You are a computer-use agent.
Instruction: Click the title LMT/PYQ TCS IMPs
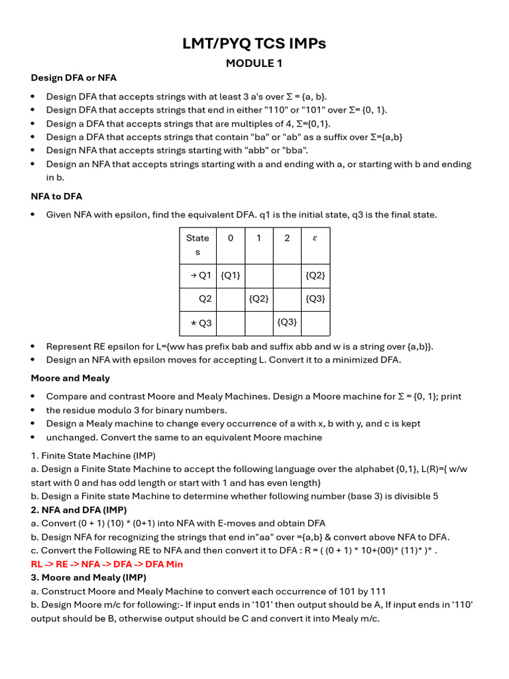click(x=254, y=44)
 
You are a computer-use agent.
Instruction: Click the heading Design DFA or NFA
click(x=74, y=78)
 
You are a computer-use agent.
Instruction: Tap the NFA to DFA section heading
click(x=56, y=196)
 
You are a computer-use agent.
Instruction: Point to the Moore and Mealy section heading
click(x=70, y=378)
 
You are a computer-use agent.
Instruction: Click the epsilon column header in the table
click(x=315, y=238)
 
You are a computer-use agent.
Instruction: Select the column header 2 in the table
click(x=287, y=238)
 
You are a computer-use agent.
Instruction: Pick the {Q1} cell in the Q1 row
click(x=231, y=275)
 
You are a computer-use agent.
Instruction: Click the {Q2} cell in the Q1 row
click(x=315, y=275)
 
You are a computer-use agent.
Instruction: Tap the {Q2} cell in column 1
click(x=258, y=299)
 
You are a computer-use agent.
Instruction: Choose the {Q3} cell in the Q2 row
click(x=315, y=299)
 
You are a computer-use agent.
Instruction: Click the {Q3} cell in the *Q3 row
click(x=287, y=322)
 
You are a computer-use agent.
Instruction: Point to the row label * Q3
click(x=201, y=323)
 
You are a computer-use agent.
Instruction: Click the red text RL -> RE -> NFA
click(x=107, y=564)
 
